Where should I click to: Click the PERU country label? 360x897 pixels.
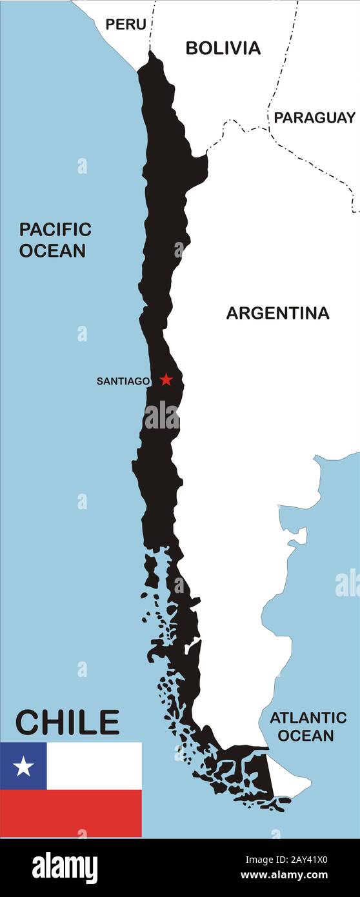click(126, 25)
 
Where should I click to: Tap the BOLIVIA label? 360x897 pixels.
click(223, 48)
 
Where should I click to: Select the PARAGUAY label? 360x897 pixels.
click(314, 117)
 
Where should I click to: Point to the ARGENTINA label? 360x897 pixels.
click(277, 313)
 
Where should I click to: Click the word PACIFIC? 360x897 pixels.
click(55, 229)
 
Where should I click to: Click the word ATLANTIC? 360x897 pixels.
click(308, 718)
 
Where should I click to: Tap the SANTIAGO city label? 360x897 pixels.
click(123, 381)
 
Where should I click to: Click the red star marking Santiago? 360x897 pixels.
click(166, 379)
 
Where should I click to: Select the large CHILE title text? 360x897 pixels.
click(67, 722)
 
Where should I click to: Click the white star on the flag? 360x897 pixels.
click(23, 766)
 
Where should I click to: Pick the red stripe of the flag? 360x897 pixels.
click(71, 813)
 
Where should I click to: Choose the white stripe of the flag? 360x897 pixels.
click(94, 766)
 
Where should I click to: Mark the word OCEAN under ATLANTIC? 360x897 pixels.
click(308, 735)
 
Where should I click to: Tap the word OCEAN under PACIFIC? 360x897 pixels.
click(52, 250)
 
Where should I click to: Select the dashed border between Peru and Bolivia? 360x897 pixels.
click(153, 26)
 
